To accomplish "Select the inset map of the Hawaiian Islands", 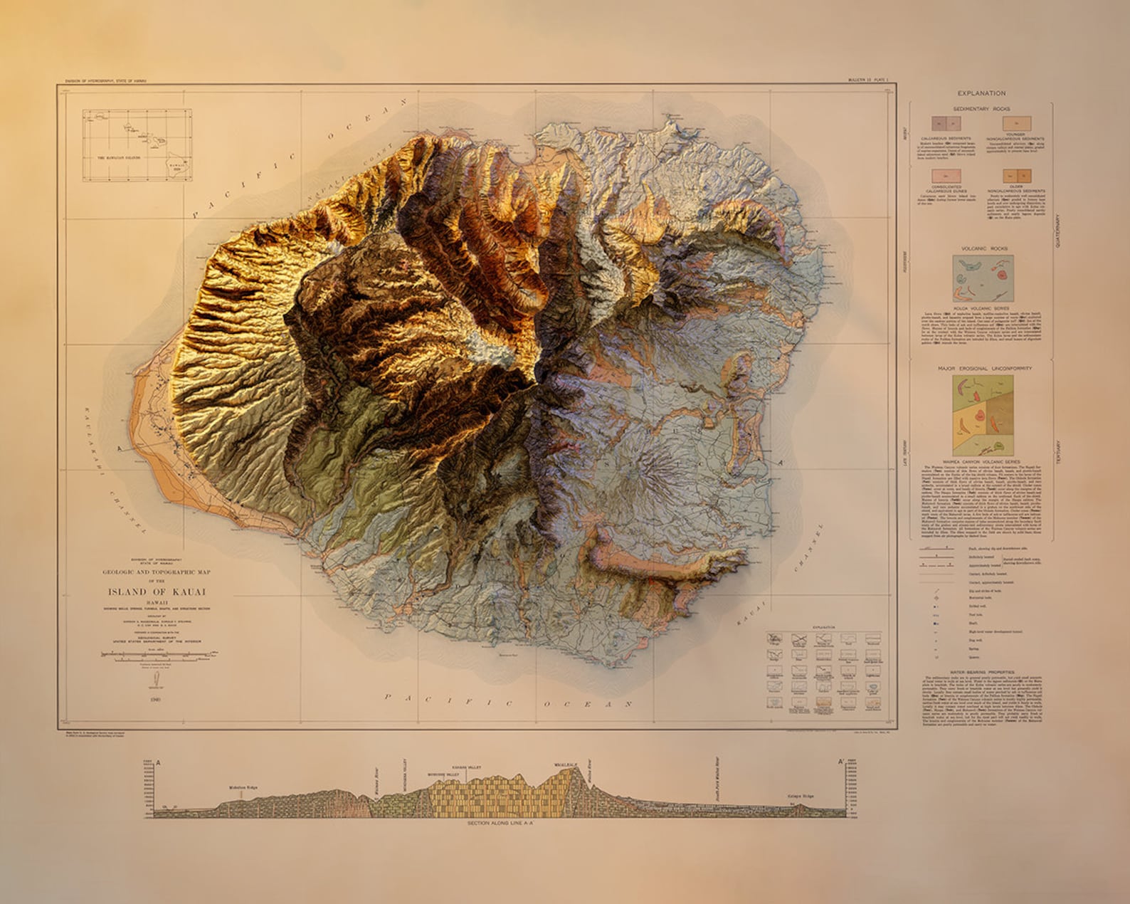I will [x=137, y=144].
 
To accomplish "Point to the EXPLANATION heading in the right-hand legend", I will [x=981, y=93].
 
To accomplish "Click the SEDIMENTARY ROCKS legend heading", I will [x=981, y=109].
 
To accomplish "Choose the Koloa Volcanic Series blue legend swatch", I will [x=983, y=278].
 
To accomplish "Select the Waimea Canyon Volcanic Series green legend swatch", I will [x=983, y=415].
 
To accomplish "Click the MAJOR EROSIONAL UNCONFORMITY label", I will [x=984, y=369].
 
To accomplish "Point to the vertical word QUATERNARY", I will [x=1058, y=231].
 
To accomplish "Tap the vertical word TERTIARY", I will [x=1058, y=452].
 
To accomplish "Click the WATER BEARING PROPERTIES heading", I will [x=984, y=672].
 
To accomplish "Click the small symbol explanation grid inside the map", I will [x=824, y=671].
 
